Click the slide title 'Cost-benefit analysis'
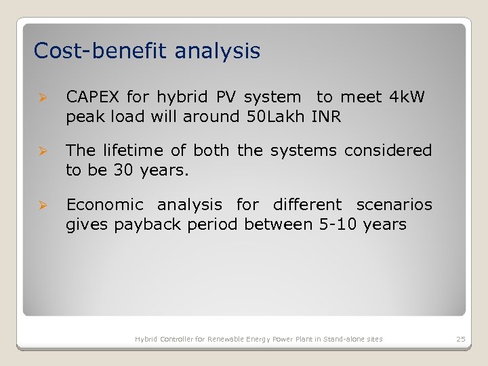click(146, 51)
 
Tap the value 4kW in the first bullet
click(407, 98)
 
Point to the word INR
click(326, 117)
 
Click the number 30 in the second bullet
click(123, 169)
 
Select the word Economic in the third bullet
click(104, 205)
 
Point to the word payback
click(142, 224)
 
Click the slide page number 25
click(461, 339)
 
